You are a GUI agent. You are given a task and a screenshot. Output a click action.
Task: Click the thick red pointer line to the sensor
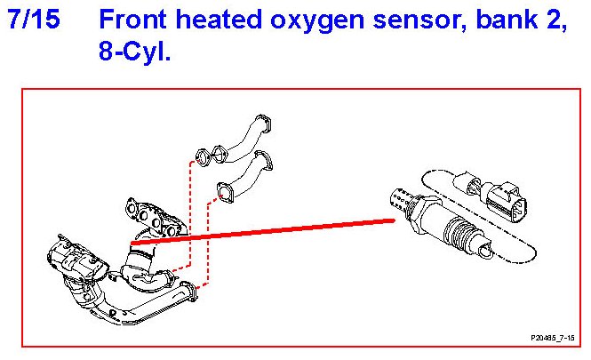click(267, 230)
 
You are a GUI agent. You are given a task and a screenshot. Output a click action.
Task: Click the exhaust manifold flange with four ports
click(150, 212)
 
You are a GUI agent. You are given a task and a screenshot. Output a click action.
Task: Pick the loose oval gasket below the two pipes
click(226, 191)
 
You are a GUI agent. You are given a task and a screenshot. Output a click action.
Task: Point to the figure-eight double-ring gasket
click(210, 158)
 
